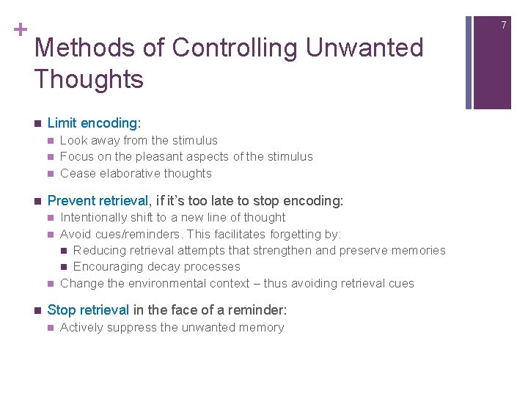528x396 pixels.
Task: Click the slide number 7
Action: [504, 26]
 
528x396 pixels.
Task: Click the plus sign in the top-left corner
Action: [17, 30]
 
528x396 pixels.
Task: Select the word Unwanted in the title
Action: [364, 48]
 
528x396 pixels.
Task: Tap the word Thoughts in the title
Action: [89, 79]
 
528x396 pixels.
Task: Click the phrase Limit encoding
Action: [93, 123]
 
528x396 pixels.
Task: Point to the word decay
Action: [163, 267]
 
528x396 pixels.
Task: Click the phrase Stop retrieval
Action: [88, 310]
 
